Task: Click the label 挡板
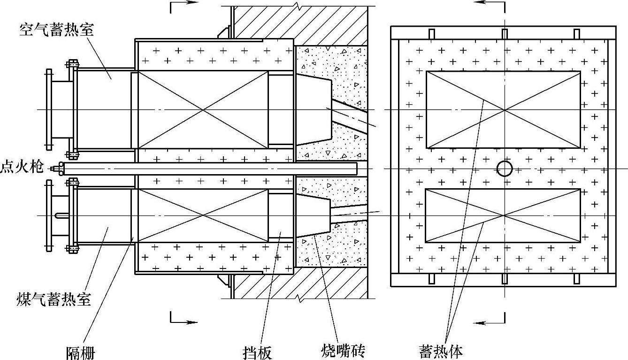(x=257, y=352)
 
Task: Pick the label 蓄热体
(x=441, y=351)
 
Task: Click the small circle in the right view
(x=505, y=168)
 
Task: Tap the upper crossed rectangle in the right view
(x=503, y=110)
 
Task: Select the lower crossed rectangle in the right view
(x=503, y=215)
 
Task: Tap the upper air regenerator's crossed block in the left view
(x=203, y=110)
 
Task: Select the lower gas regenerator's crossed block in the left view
(x=203, y=215)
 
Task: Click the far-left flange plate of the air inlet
(x=49, y=110)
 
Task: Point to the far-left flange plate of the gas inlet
(x=49, y=215)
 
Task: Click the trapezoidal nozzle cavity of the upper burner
(x=313, y=109)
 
